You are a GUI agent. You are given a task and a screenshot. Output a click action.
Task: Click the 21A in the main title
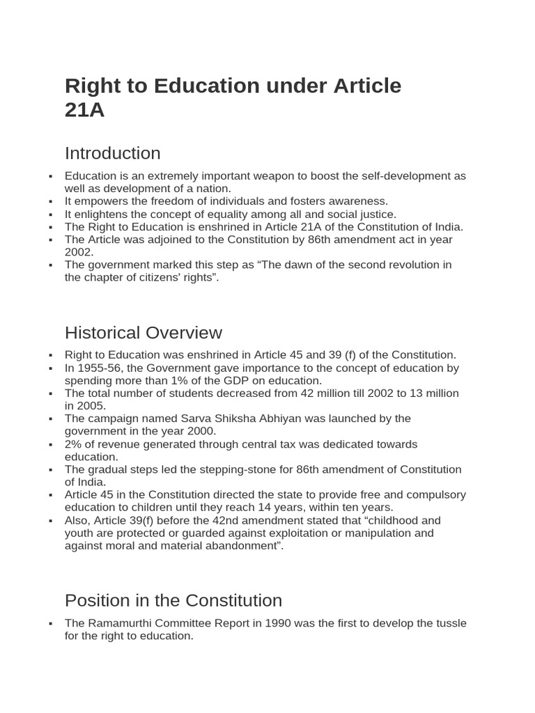point(84,110)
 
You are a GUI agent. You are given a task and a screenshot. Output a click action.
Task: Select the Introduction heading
point(112,153)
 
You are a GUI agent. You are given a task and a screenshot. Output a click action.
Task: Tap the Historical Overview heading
point(143,332)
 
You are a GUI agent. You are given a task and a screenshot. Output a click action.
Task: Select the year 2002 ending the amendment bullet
point(79,252)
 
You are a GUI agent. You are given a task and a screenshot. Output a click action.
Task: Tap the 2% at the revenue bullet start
point(72,444)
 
